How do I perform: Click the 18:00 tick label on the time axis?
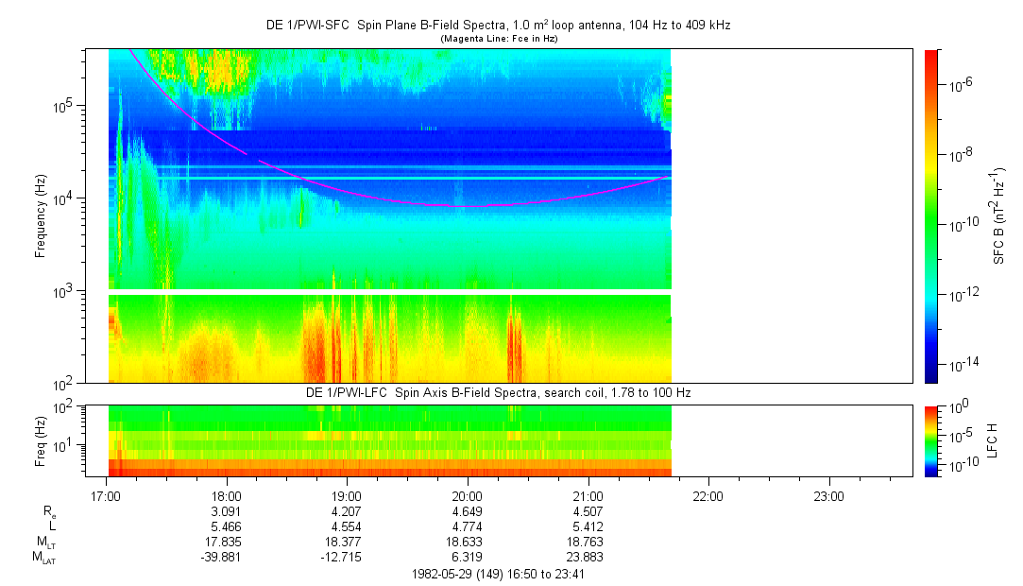(227, 495)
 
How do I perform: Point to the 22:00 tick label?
(708, 495)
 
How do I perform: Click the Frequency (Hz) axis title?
(41, 216)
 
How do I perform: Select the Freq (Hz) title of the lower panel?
(41, 440)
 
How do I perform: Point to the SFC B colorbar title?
(998, 216)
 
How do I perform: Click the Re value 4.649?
(468, 511)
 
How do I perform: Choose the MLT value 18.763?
(588, 543)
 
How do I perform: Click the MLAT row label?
(43, 558)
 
